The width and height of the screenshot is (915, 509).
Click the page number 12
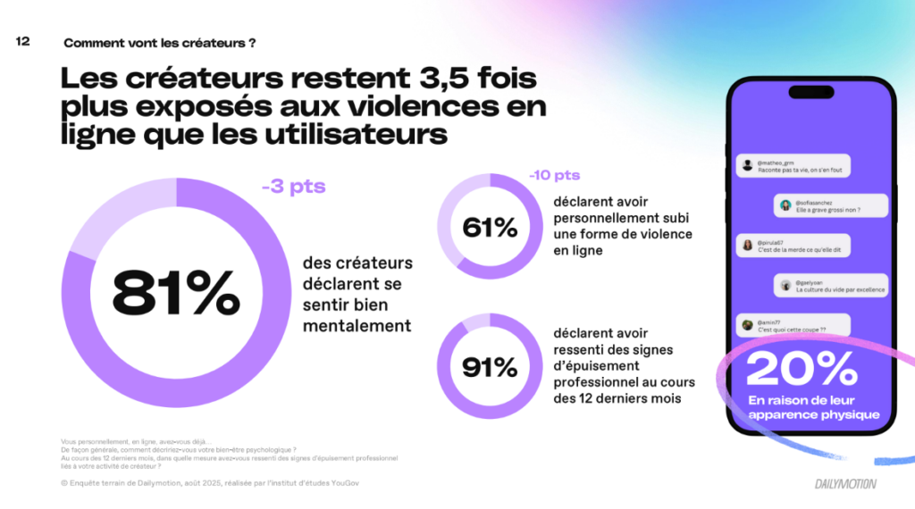[x=23, y=41]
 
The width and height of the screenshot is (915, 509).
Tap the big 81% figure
[x=176, y=293]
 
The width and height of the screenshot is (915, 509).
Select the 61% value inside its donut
[x=490, y=228]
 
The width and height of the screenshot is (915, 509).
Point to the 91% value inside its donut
[x=490, y=366]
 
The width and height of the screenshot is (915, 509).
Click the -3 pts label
[x=293, y=188]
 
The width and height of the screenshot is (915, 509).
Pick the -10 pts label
[x=554, y=175]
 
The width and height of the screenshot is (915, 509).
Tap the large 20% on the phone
[x=802, y=369]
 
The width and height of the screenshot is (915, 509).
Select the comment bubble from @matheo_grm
[x=793, y=166]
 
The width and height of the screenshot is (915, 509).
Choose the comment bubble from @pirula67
[x=793, y=246]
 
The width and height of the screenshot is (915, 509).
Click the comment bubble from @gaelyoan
[x=831, y=286]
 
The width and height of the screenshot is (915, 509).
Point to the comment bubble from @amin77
[x=792, y=325]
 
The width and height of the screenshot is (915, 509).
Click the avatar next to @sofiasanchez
[x=785, y=205]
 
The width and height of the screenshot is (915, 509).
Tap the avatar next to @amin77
[x=746, y=325]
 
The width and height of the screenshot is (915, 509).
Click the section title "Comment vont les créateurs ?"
[x=165, y=42]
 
